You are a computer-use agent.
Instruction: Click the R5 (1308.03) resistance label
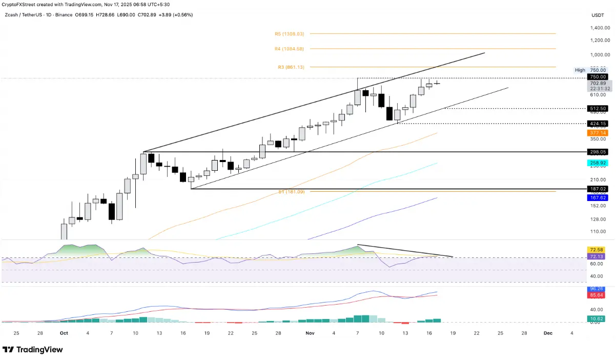(x=289, y=34)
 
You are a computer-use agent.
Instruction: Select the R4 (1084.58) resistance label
(x=289, y=49)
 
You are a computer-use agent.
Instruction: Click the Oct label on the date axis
(x=64, y=333)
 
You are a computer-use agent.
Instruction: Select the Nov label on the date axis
(x=310, y=333)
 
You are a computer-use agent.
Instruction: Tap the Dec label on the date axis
(x=548, y=333)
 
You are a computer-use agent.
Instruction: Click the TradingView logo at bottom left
(x=33, y=350)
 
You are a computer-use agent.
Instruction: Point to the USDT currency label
(x=598, y=15)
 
